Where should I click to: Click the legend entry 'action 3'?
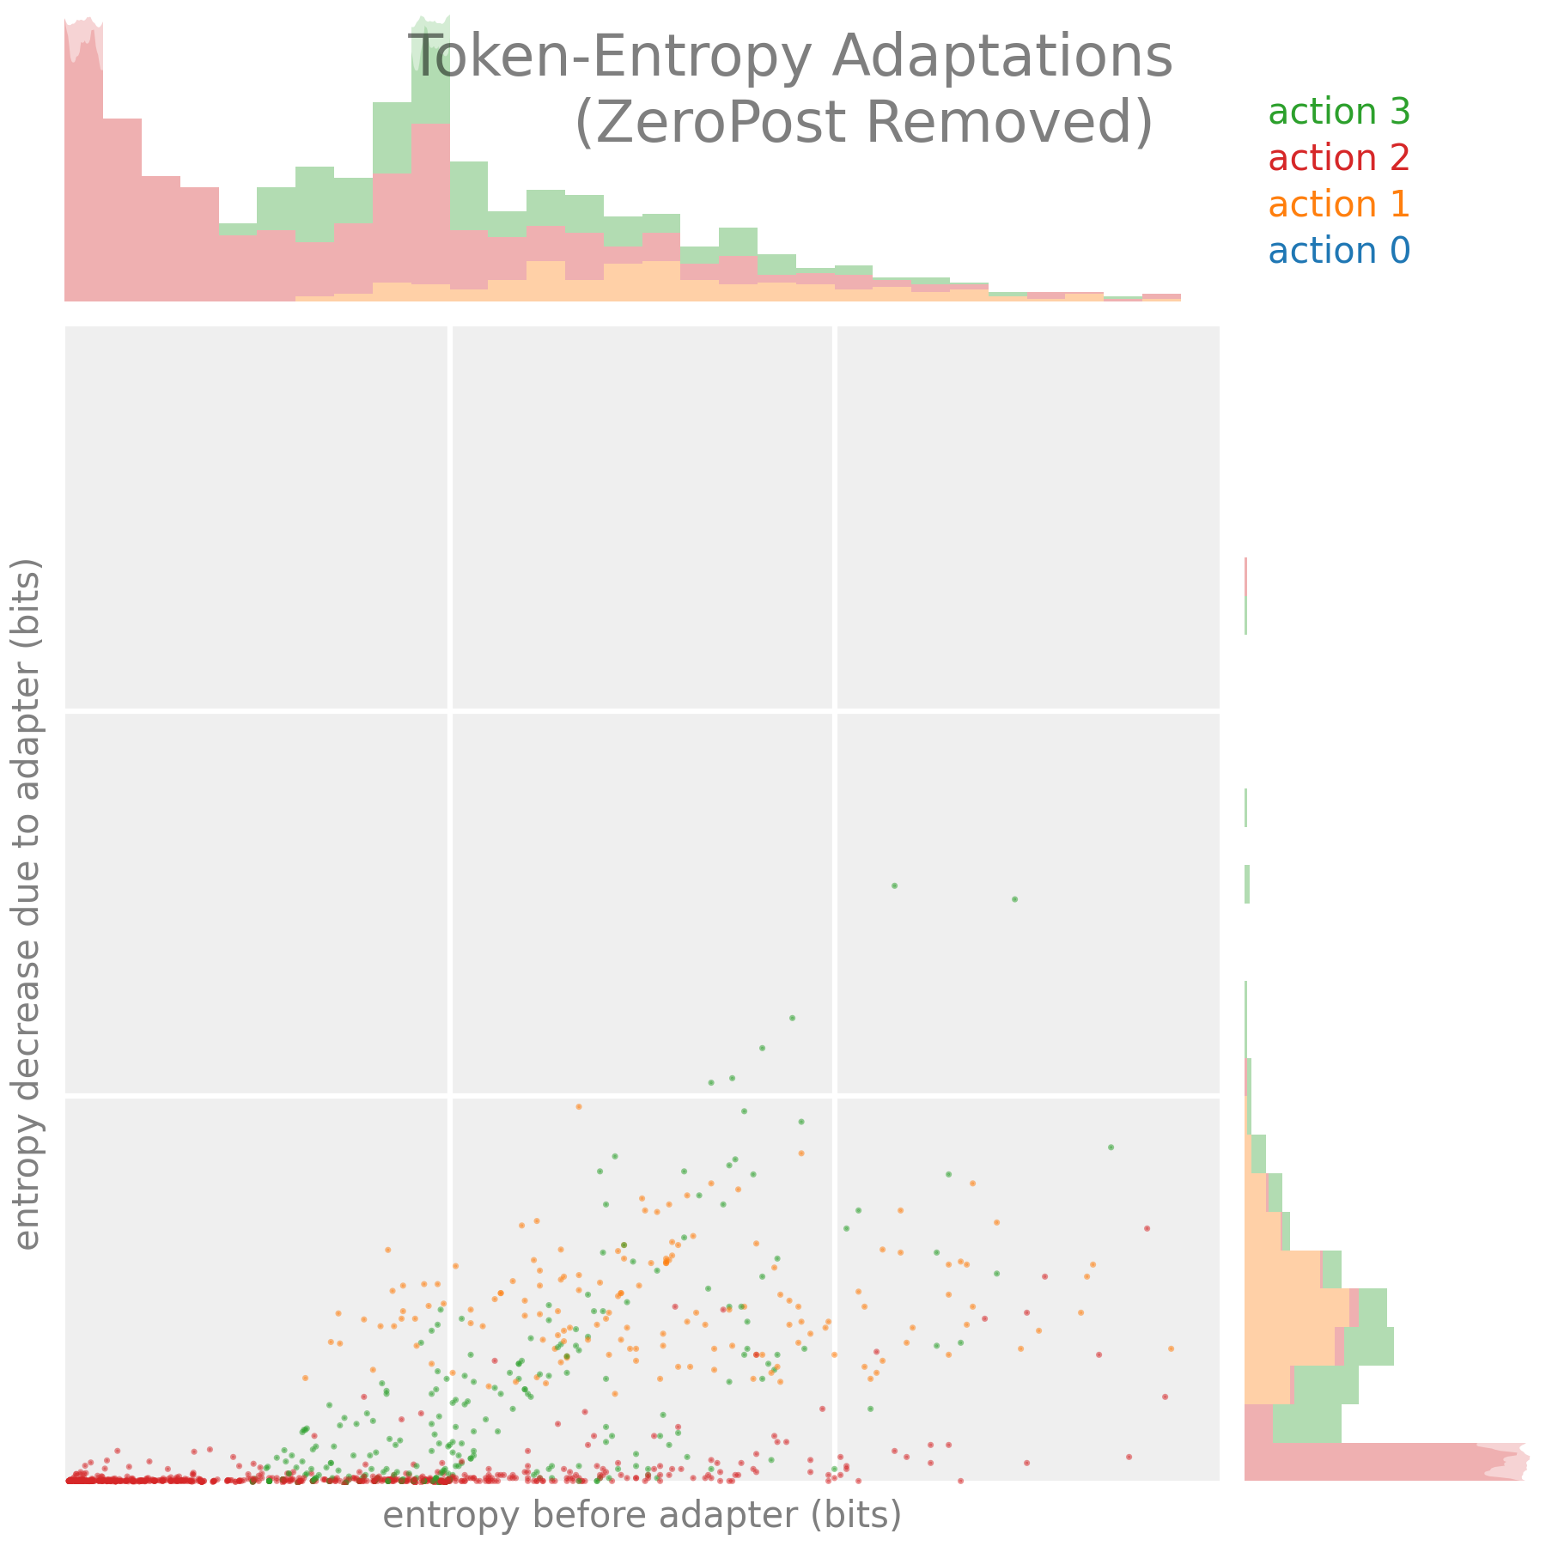coord(1338,113)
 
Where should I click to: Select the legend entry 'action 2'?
coord(1338,159)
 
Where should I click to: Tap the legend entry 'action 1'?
coord(1338,205)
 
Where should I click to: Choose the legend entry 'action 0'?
coord(1338,252)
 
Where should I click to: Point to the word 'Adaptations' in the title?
coord(1002,58)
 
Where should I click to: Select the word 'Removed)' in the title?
coord(1009,123)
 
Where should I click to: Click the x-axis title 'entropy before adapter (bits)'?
coord(642,1516)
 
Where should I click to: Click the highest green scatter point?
coord(894,886)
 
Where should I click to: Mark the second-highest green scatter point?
coord(1014,899)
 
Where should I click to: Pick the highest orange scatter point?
coord(578,1106)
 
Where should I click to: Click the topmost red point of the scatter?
coord(1147,1228)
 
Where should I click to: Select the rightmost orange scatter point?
coord(1171,1348)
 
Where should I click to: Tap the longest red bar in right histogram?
coord(1374,1461)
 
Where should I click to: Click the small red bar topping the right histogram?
coord(1245,575)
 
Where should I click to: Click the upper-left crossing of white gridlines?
coord(450,711)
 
